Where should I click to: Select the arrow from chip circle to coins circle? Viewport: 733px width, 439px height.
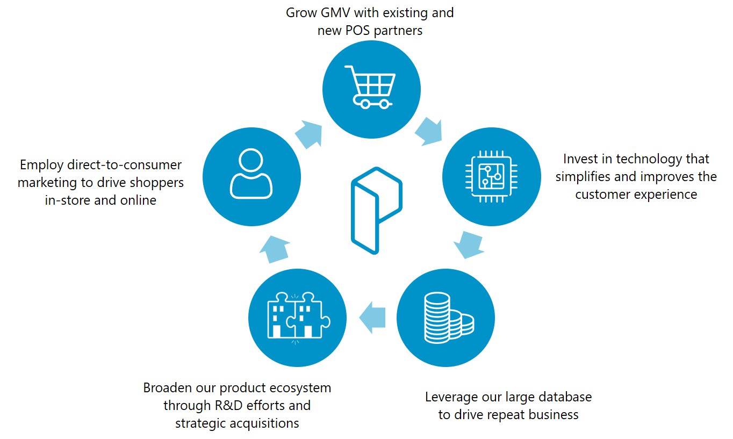pyautogui.click(x=468, y=243)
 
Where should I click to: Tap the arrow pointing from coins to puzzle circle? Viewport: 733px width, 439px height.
pyautogui.click(x=372, y=317)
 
